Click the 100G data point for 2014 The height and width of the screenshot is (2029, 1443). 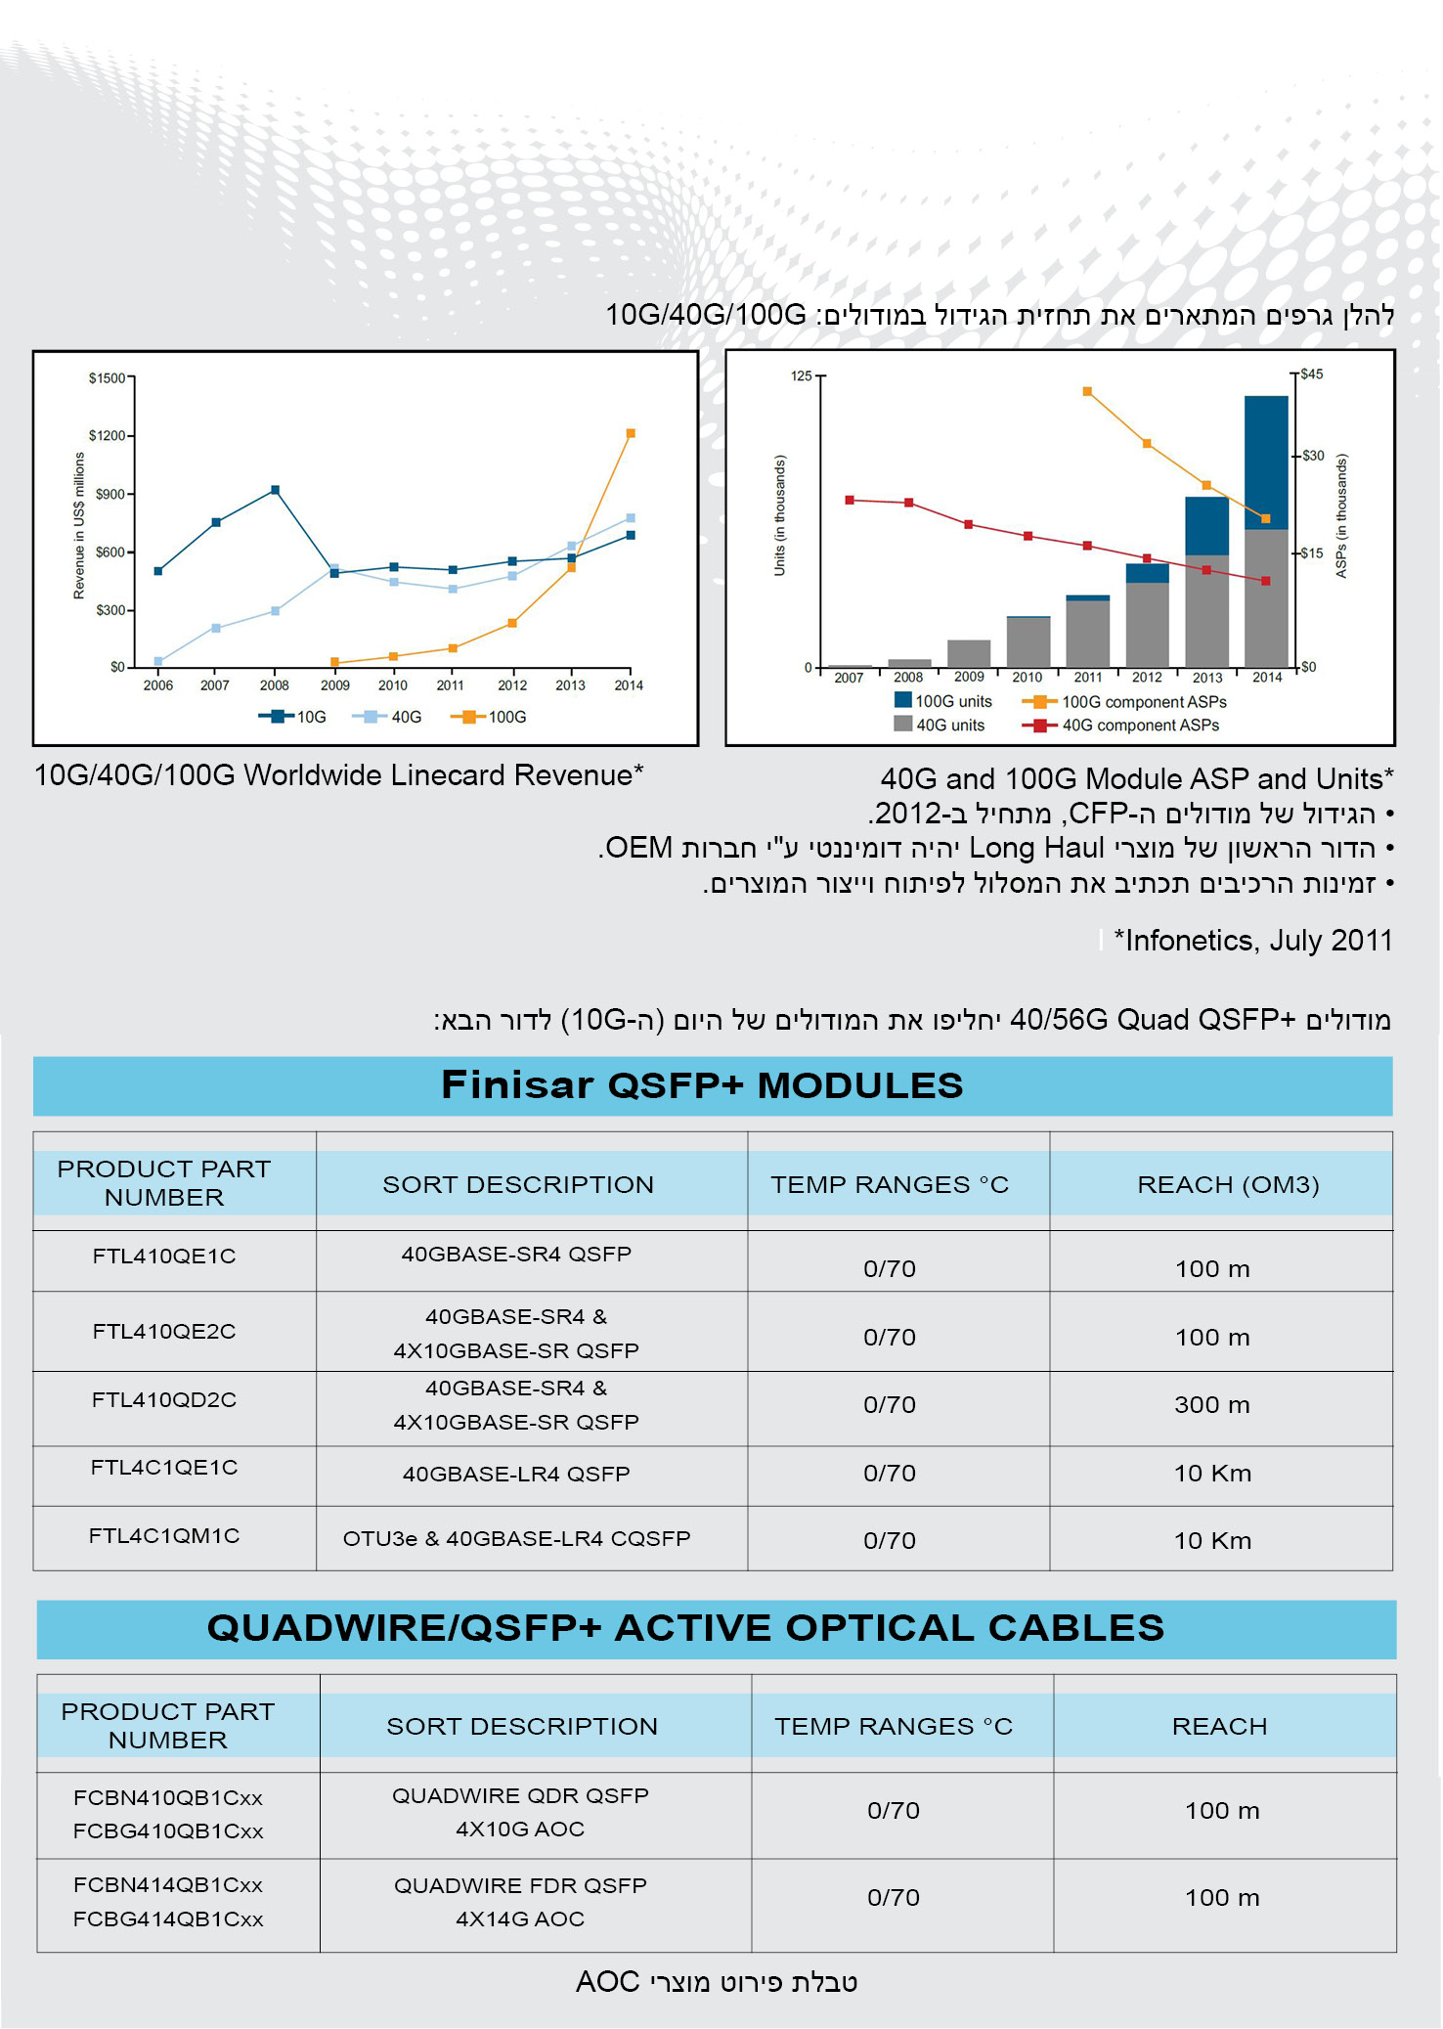point(631,433)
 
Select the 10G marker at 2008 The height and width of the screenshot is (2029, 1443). point(276,490)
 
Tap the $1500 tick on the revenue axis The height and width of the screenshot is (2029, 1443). point(108,378)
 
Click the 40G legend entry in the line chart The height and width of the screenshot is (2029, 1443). point(389,717)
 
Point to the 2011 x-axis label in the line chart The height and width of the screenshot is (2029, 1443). point(451,685)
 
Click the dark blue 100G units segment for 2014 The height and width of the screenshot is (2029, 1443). point(1266,462)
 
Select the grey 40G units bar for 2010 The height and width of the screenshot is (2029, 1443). point(1028,641)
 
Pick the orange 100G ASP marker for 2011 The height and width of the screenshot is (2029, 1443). point(1087,392)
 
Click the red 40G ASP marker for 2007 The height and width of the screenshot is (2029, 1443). point(850,500)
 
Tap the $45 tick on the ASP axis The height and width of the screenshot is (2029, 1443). point(1311,375)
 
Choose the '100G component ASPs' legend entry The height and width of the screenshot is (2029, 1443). point(1124,702)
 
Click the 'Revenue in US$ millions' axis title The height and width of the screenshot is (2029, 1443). point(79,525)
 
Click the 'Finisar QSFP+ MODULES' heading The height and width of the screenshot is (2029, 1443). point(702,1085)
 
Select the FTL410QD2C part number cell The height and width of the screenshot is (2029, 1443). point(164,1400)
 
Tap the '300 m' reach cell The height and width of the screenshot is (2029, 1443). point(1212,1405)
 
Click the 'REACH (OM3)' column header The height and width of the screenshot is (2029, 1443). point(1228,1185)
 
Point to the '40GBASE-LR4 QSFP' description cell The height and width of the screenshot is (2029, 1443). point(516,1474)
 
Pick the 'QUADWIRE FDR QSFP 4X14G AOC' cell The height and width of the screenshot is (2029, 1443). point(520,1902)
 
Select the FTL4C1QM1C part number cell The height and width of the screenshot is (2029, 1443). point(164,1536)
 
